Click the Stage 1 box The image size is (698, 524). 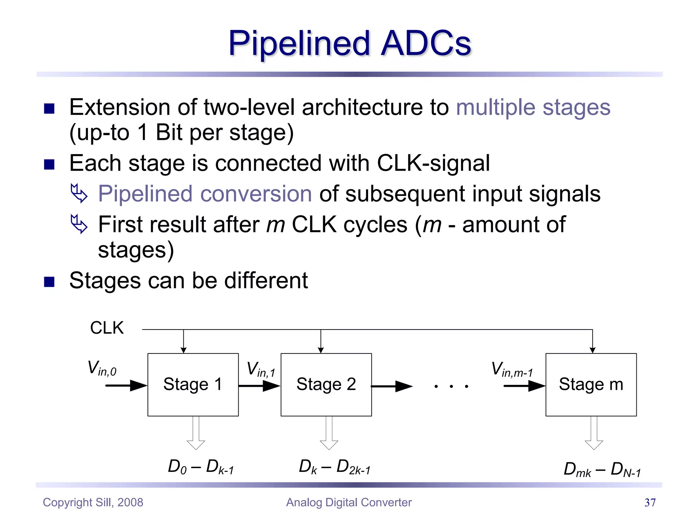pyautogui.click(x=193, y=384)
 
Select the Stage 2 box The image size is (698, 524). pyautogui.click(x=326, y=384)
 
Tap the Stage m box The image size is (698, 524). pyautogui.click(x=591, y=384)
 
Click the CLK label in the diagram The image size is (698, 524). pyautogui.click(x=107, y=328)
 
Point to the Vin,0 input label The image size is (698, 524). pyautogui.click(x=102, y=369)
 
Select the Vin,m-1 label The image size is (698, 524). pyautogui.click(x=512, y=370)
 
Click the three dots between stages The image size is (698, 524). pyautogui.click(x=451, y=387)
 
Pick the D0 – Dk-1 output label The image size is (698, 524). pyautogui.click(x=201, y=467)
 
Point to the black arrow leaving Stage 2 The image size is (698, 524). pyautogui.click(x=392, y=387)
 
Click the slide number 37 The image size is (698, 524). pyautogui.click(x=650, y=503)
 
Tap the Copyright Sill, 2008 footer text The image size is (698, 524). pyautogui.click(x=93, y=503)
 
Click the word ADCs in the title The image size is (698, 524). pyautogui.click(x=426, y=43)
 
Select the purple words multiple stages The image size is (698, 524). pyautogui.click(x=533, y=107)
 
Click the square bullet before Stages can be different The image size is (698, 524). pyautogui.click(x=49, y=282)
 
